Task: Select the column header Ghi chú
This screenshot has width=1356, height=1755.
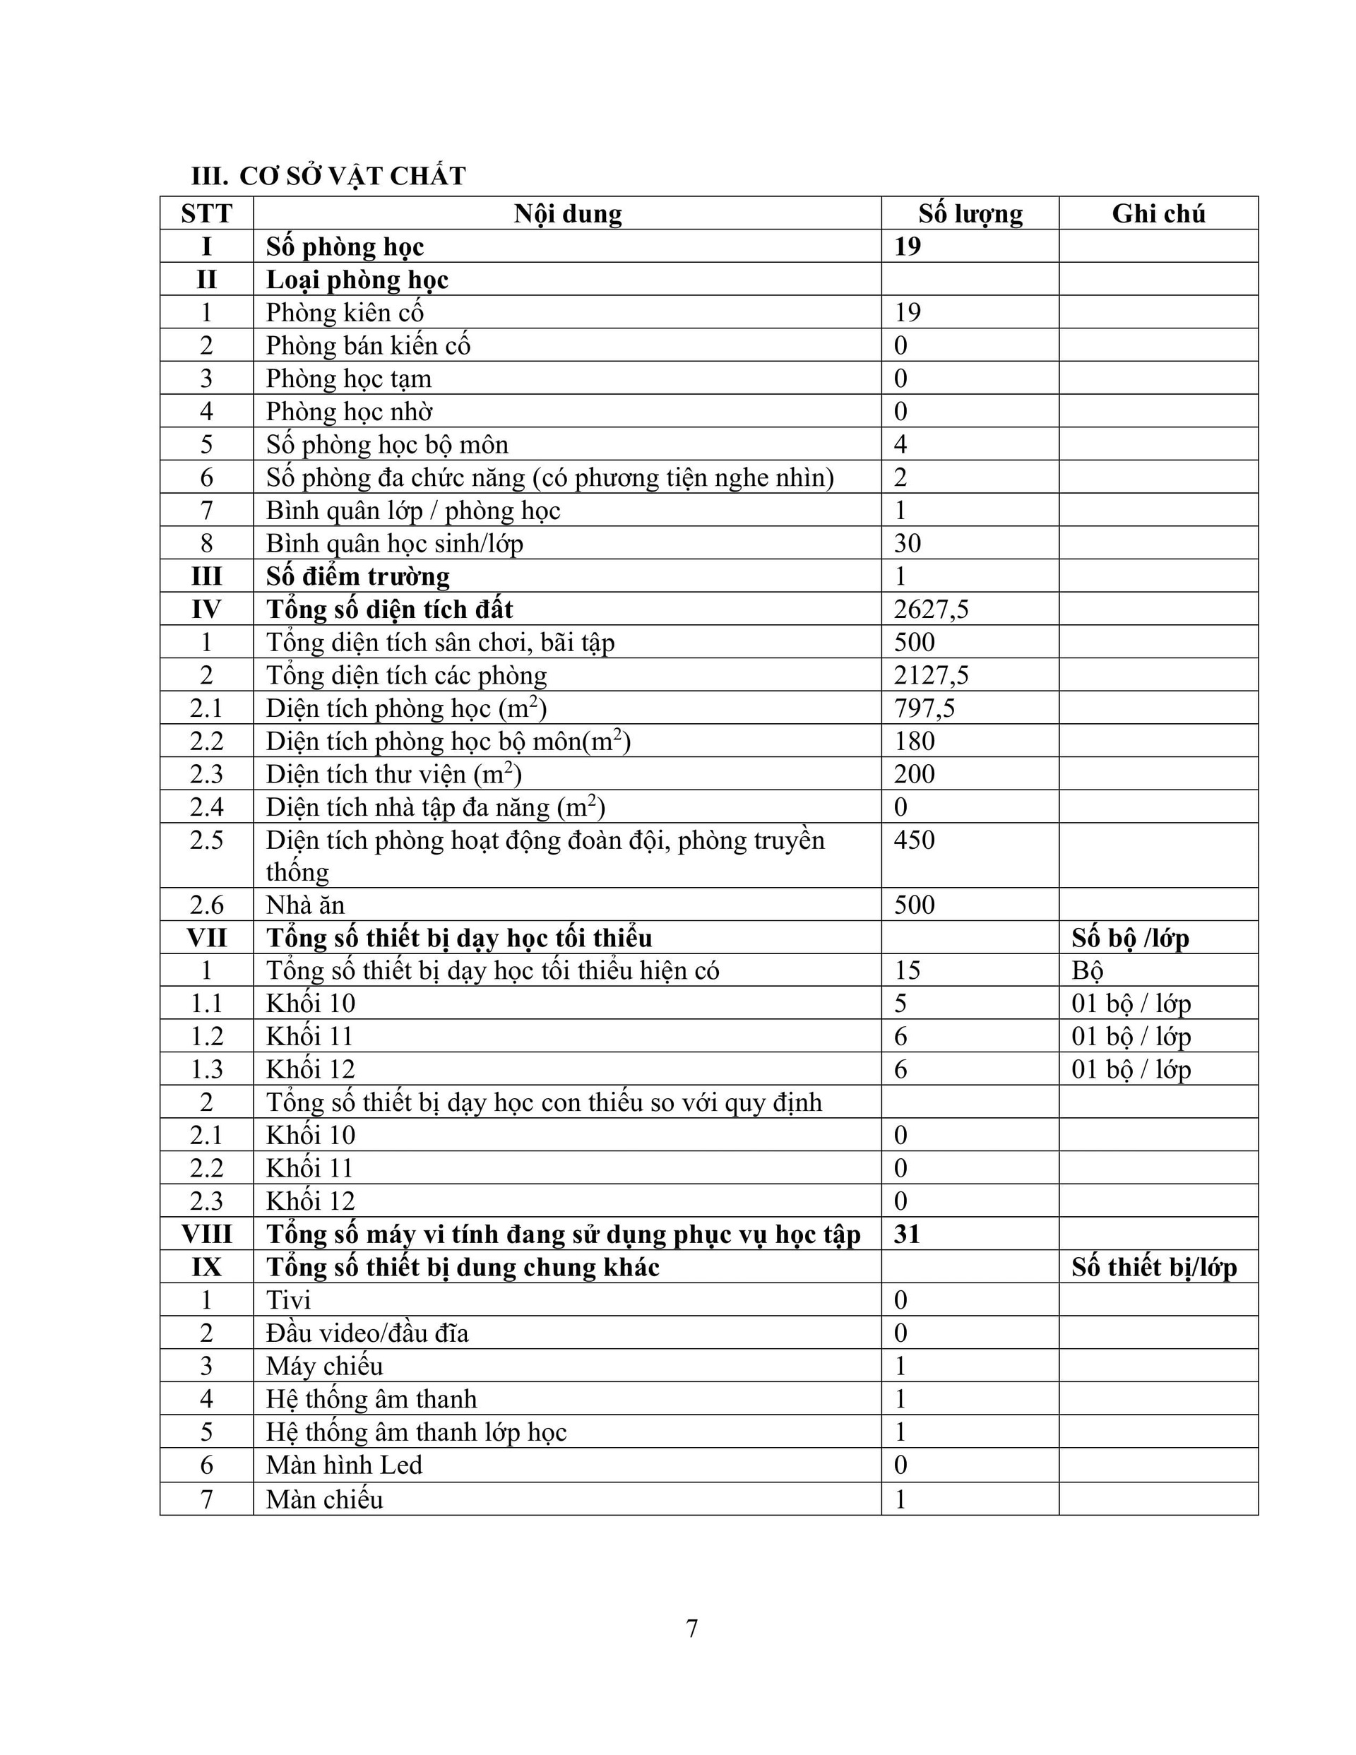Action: pyautogui.click(x=1158, y=214)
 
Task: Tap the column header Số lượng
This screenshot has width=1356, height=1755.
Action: pyautogui.click(x=970, y=214)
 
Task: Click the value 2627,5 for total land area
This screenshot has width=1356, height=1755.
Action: pyautogui.click(x=931, y=609)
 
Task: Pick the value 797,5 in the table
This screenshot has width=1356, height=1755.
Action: pyautogui.click(x=924, y=708)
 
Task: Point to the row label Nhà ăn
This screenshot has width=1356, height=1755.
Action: pyautogui.click(x=304, y=905)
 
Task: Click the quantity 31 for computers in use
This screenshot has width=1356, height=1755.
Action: pyautogui.click(x=907, y=1234)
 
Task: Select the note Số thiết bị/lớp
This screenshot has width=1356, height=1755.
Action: pyautogui.click(x=1153, y=1267)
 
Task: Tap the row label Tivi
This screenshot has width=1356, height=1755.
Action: pyautogui.click(x=287, y=1300)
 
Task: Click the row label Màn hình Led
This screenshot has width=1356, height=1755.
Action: pyautogui.click(x=344, y=1465)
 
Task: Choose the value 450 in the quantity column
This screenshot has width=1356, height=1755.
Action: pyautogui.click(x=915, y=840)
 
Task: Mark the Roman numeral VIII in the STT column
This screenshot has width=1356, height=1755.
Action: pyautogui.click(x=206, y=1235)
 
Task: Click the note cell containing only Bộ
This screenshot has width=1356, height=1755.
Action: pyautogui.click(x=1087, y=970)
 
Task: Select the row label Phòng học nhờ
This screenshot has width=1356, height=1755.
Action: pyautogui.click(x=349, y=412)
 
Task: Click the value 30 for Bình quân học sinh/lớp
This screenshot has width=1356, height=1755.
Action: pyautogui.click(x=908, y=543)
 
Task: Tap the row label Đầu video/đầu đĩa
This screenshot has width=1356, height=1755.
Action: pyautogui.click(x=367, y=1333)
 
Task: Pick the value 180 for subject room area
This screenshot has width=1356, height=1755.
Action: pyautogui.click(x=915, y=741)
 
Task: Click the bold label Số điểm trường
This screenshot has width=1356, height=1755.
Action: pyautogui.click(x=357, y=576)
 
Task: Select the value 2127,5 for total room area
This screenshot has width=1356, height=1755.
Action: pyautogui.click(x=931, y=675)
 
